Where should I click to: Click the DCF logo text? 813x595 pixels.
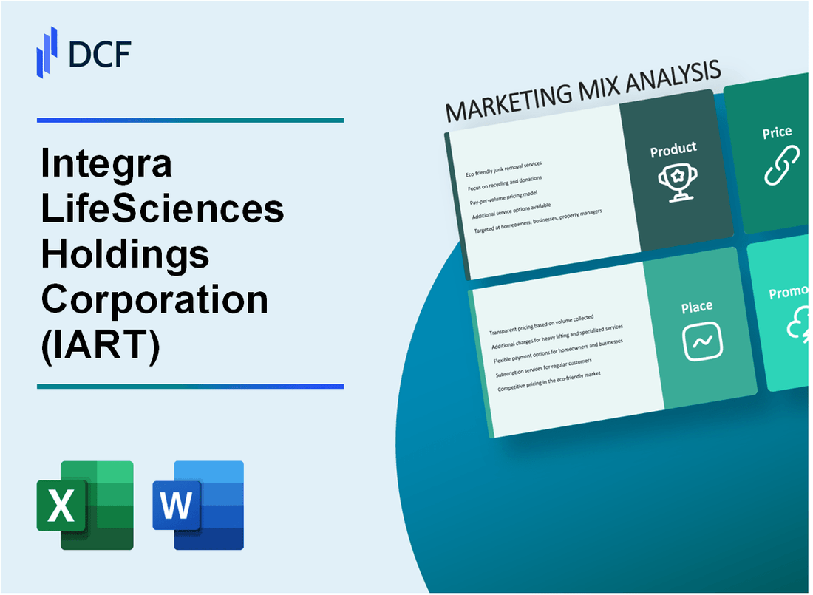pos(100,54)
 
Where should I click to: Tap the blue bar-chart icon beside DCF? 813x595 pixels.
pos(47,52)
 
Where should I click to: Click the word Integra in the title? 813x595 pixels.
pos(107,164)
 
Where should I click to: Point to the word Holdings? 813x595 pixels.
pos(126,254)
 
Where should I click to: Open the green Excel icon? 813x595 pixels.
pos(85,505)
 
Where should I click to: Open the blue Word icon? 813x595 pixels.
pos(198,505)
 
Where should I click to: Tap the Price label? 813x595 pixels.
pos(777,133)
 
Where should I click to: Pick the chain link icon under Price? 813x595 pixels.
pos(781,167)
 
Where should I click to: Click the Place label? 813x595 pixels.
pos(697,306)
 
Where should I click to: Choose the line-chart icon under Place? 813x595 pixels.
pos(701,341)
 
